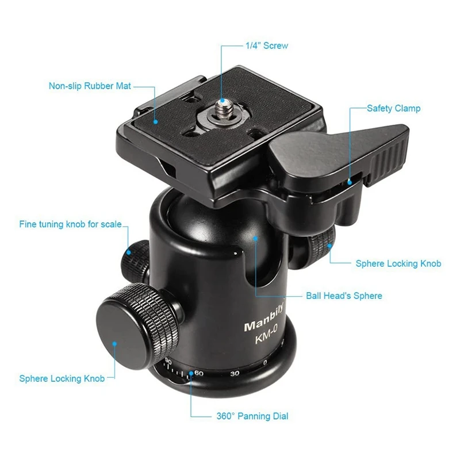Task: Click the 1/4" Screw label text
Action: [x=267, y=46]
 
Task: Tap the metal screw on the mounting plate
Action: [x=224, y=109]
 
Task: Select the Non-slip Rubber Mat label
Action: [x=90, y=86]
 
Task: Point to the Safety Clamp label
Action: [x=394, y=109]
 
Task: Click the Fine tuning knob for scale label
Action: [x=70, y=224]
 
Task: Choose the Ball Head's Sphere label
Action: [x=344, y=296]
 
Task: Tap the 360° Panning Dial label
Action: [x=252, y=416]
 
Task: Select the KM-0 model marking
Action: [x=266, y=334]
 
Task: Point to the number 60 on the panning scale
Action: [x=199, y=373]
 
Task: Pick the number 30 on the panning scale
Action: [x=235, y=373]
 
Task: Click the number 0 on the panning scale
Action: [x=265, y=363]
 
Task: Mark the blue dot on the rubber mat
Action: [x=156, y=121]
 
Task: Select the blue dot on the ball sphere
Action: [x=255, y=239]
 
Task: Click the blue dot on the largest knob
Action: [x=114, y=343]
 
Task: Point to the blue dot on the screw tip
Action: [x=223, y=101]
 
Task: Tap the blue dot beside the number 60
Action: [x=191, y=373]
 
